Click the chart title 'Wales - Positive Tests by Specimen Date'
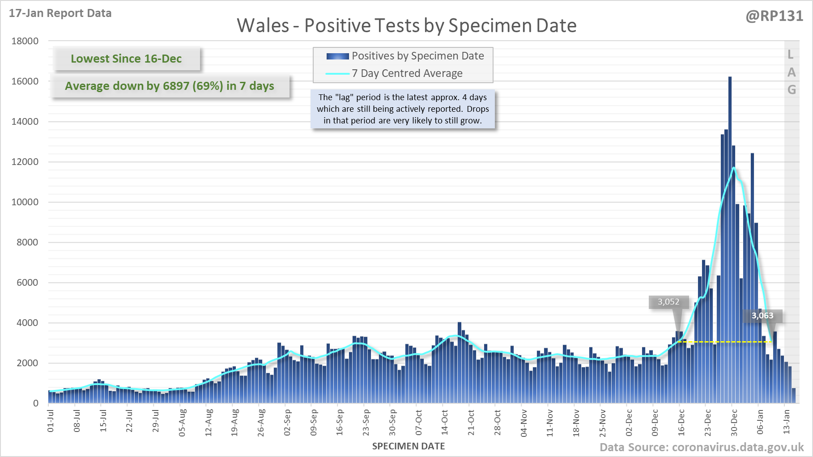click(406, 25)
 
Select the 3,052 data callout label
click(668, 302)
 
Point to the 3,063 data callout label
click(762, 316)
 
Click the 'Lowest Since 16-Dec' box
click(126, 59)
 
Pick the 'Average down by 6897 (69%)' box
click(170, 86)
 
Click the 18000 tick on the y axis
click(25, 41)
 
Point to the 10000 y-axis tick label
click(25, 202)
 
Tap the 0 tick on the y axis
click(36, 403)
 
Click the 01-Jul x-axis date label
click(51, 421)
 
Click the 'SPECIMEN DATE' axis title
click(409, 446)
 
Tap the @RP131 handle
click(775, 16)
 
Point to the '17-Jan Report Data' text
click(60, 13)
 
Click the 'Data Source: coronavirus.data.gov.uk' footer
click(702, 447)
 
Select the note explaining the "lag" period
click(403, 109)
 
